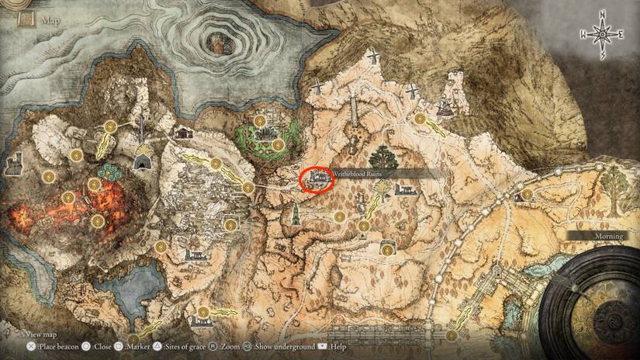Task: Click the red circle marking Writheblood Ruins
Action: tap(317, 179)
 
